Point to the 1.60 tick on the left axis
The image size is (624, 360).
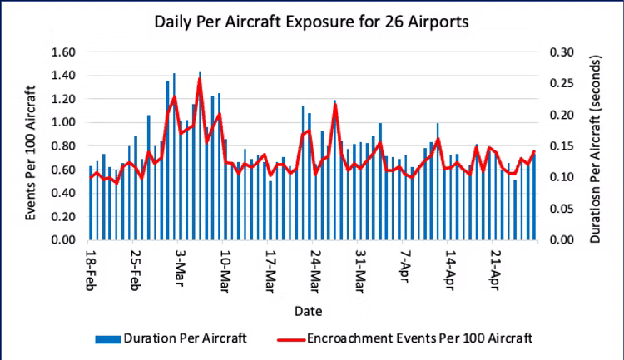point(64,52)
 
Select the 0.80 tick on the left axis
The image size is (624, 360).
point(64,146)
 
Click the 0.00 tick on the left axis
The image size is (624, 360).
point(64,241)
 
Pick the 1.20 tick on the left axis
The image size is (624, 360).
point(64,99)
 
